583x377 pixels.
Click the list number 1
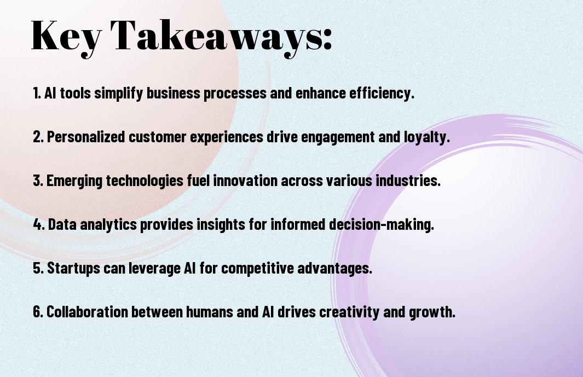(x=37, y=93)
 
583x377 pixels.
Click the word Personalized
(x=86, y=137)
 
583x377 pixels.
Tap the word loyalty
(x=427, y=137)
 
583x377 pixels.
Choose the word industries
(x=408, y=181)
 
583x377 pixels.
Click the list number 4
(x=38, y=224)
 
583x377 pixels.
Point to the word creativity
(x=349, y=312)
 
